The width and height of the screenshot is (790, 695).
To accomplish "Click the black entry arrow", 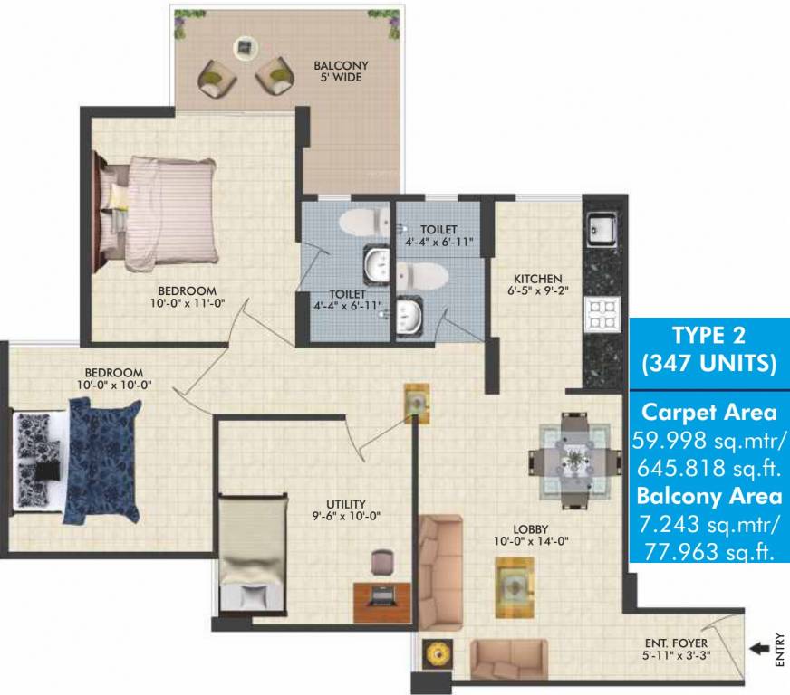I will (758, 647).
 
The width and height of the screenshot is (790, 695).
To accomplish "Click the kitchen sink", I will (601, 227).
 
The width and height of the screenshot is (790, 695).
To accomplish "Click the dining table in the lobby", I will (572, 460).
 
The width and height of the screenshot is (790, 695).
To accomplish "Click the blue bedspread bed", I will (95, 462).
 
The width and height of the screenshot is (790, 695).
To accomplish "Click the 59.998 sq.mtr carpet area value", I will (709, 441).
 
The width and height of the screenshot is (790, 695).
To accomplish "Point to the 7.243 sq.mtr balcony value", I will (709, 524).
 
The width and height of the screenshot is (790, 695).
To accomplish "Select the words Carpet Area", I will (708, 412).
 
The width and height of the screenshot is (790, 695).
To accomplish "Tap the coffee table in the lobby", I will (513, 586).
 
